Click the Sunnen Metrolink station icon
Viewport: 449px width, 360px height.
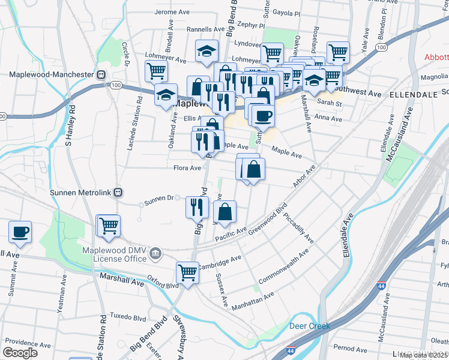(118, 192)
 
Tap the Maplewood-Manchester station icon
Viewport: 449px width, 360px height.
(101, 75)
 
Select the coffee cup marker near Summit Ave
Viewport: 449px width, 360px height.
(20, 232)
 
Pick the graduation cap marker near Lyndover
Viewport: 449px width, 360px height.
(206, 51)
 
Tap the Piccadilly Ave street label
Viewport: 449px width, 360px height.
(299, 227)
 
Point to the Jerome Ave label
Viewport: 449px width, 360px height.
(172, 12)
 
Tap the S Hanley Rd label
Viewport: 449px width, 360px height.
(70, 126)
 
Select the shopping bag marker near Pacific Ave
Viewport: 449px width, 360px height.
(224, 212)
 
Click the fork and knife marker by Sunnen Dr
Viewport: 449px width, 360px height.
(197, 207)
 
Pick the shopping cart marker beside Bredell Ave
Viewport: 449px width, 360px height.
(156, 70)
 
